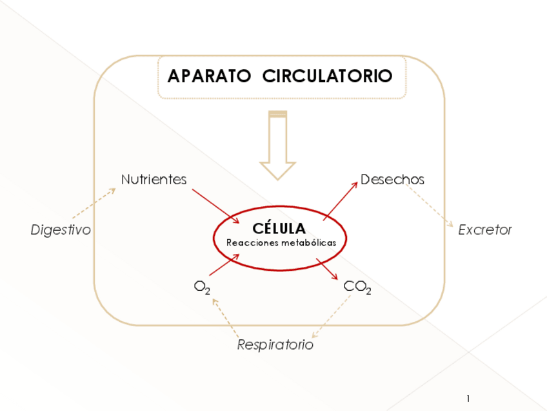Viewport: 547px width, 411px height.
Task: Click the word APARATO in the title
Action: pyautogui.click(x=208, y=76)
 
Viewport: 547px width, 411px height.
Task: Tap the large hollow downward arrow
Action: pyautogui.click(x=277, y=145)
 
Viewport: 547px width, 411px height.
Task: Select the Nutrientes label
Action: pyautogui.click(x=154, y=180)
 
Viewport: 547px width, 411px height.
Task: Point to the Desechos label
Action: pyautogui.click(x=392, y=180)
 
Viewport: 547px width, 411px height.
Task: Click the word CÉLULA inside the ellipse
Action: pyautogui.click(x=279, y=229)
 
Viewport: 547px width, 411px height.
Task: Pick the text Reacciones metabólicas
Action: pyautogui.click(x=281, y=243)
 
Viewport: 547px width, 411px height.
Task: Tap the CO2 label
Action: pyautogui.click(x=357, y=287)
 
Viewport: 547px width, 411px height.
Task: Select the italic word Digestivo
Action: pyautogui.click(x=61, y=230)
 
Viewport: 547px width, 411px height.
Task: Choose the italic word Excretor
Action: pyautogui.click(x=484, y=230)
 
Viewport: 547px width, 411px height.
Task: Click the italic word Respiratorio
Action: pyautogui.click(x=275, y=345)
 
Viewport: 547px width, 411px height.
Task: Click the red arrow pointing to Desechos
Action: pyautogui.click(x=341, y=201)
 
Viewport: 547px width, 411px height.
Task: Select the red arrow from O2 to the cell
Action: pyautogui.click(x=224, y=265)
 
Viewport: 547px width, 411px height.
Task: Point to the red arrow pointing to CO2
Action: pyautogui.click(x=327, y=269)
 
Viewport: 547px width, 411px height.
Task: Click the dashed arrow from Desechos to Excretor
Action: pyautogui.click(x=431, y=206)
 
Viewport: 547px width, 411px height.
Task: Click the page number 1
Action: pyautogui.click(x=468, y=398)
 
